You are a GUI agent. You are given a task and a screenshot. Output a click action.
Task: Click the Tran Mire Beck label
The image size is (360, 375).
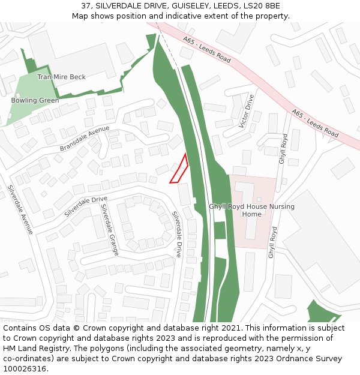pyautogui.click(x=61, y=77)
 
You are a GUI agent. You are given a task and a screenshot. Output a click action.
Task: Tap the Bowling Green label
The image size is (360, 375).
pyautogui.click(x=35, y=100)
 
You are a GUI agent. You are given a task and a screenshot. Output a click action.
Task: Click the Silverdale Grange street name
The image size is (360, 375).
pyautogui.click(x=110, y=229)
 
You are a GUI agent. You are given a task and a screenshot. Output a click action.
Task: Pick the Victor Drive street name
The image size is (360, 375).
pyautogui.click(x=246, y=111)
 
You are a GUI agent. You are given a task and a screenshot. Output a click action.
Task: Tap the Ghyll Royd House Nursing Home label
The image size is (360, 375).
pyautogui.click(x=251, y=210)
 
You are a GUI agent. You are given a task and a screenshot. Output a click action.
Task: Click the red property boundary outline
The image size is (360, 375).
pyautogui.click(x=179, y=170)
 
